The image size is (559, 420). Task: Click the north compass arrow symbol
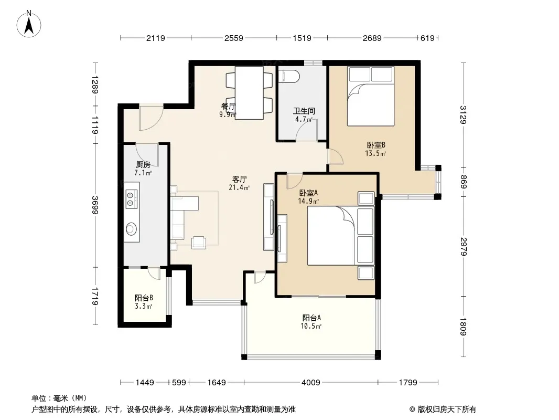coord(29,24)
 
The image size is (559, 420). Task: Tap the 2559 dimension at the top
coord(233,38)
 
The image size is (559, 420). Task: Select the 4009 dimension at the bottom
coord(311,383)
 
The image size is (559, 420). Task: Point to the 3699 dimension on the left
coord(95,205)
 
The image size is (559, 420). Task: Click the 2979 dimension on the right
coord(464,247)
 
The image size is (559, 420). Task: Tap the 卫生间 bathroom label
coord(304,111)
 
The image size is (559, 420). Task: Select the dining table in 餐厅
coord(249,93)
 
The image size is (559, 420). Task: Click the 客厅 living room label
coord(239,179)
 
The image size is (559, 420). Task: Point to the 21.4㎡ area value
coord(239,187)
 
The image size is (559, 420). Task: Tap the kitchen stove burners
coord(131,199)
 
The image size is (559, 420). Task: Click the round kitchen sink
coord(132,228)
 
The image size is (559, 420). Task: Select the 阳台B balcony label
coord(144,298)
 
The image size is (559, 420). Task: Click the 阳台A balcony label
coord(312,318)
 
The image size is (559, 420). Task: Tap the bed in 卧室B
coord(371,96)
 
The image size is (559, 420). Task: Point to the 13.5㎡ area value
coord(375,153)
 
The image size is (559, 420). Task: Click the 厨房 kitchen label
coord(143,164)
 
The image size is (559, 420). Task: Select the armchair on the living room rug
coord(199,243)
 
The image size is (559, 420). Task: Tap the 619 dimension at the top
coord(427,38)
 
